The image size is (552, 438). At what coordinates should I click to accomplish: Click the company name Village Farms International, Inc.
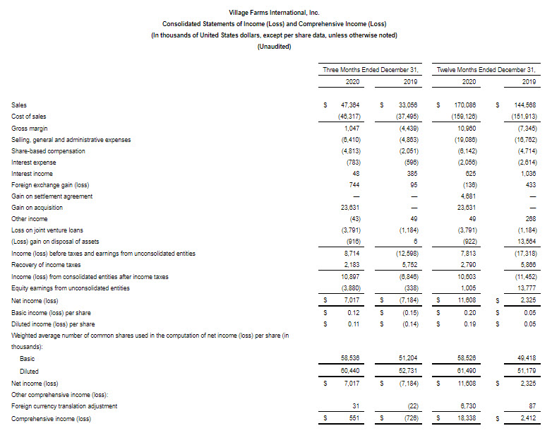click(x=275, y=13)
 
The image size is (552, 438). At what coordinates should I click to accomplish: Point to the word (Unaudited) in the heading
click(x=275, y=47)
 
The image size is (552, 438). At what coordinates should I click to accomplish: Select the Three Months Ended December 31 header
click(x=371, y=70)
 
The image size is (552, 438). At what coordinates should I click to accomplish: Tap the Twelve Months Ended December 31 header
click(x=486, y=70)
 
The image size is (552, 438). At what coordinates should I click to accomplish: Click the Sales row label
click(x=19, y=105)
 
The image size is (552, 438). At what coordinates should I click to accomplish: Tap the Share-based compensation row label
click(x=48, y=150)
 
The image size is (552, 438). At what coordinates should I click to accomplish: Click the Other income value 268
click(x=529, y=220)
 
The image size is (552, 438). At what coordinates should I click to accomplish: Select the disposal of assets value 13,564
click(x=526, y=242)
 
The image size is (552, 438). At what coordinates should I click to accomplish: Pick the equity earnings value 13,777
click(x=526, y=288)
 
